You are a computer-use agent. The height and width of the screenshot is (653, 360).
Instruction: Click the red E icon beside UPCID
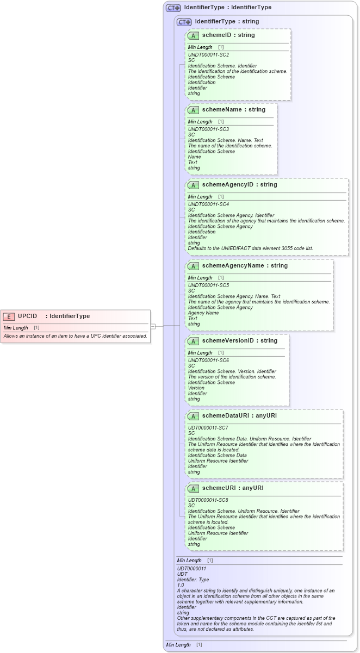[x=9, y=316]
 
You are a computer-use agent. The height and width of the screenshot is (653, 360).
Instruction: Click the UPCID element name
[x=28, y=316]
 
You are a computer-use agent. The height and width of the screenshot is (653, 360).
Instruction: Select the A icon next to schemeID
[x=193, y=35]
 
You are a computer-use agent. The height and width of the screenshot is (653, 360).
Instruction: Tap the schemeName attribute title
[x=226, y=110]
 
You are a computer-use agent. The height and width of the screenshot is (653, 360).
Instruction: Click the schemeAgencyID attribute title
[x=232, y=185]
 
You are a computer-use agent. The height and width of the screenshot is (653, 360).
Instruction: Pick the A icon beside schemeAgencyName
[x=193, y=266]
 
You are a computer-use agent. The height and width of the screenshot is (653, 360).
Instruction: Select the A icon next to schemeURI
[x=193, y=488]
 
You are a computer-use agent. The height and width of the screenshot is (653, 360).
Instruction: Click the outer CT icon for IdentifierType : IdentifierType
[x=173, y=8]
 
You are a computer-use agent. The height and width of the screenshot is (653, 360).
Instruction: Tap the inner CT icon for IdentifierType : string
[x=184, y=22]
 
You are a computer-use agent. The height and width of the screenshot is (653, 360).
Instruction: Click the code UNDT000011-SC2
[x=208, y=55]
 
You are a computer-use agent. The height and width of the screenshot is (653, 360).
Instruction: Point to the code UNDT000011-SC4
[x=208, y=204]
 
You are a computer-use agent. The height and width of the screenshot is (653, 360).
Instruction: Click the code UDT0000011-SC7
[x=208, y=428]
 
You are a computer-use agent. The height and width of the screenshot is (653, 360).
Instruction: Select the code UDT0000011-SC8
[x=208, y=500]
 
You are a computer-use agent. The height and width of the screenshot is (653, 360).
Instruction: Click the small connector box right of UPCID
[x=153, y=326]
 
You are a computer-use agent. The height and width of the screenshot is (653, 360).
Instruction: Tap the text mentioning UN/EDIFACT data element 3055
[x=250, y=248]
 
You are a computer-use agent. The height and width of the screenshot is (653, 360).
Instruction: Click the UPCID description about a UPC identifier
[x=76, y=336]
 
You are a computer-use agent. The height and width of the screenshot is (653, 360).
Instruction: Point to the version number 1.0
[x=181, y=585]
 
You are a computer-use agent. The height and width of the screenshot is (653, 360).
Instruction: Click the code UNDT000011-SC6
[x=208, y=360]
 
